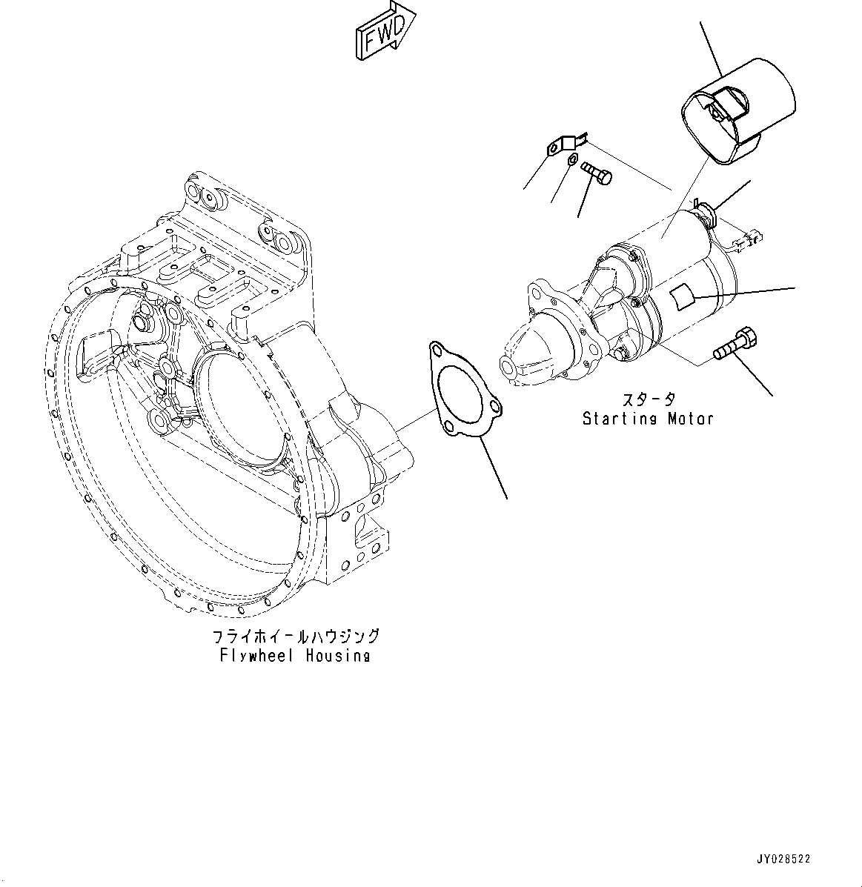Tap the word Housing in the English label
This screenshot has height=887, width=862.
[x=338, y=656]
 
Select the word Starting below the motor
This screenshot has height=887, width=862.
[x=620, y=419]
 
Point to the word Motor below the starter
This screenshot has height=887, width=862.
[x=690, y=419]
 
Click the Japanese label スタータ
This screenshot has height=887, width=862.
[x=648, y=400]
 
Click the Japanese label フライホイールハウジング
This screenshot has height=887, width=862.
[x=296, y=637]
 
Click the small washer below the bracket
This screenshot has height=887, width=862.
[x=572, y=161]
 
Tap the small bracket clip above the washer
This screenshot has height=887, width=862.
[x=565, y=143]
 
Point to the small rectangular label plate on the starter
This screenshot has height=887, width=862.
[x=683, y=296]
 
